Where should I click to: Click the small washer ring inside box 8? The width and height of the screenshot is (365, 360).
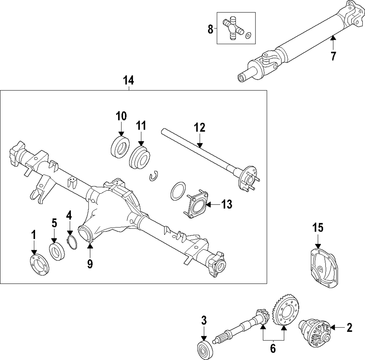(248, 35)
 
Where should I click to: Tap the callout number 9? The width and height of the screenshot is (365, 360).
(90, 263)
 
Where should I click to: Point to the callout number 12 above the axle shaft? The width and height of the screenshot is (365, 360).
(200, 128)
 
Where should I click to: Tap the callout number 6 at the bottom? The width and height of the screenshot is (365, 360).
(273, 348)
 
